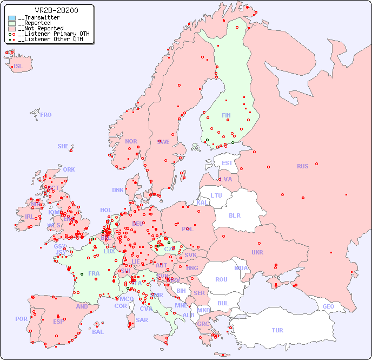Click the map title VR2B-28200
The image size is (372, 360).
[56, 10]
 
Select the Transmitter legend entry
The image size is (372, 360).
[41, 18]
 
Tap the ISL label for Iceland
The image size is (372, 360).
[18, 67]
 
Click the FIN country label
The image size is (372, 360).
[226, 115]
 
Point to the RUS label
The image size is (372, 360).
[302, 166]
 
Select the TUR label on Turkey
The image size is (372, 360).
[277, 330]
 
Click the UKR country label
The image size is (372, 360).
[257, 252]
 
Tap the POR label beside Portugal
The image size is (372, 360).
[21, 319]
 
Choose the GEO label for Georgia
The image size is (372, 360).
[328, 306]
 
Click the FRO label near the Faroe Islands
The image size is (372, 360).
[46, 115]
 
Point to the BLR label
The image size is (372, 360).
[234, 215]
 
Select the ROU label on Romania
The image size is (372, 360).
[221, 279]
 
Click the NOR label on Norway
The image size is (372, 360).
[131, 141]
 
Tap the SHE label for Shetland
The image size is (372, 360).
[63, 146]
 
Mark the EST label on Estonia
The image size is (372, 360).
[227, 163]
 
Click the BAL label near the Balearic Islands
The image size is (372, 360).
[98, 332]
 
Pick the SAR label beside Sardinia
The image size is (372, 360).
[142, 320]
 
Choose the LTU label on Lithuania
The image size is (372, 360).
[216, 195]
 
